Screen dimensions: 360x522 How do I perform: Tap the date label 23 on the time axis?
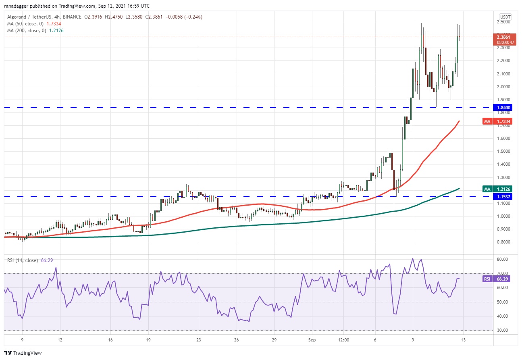pos(198,340)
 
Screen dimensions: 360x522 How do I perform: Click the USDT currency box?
pos(505,17)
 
